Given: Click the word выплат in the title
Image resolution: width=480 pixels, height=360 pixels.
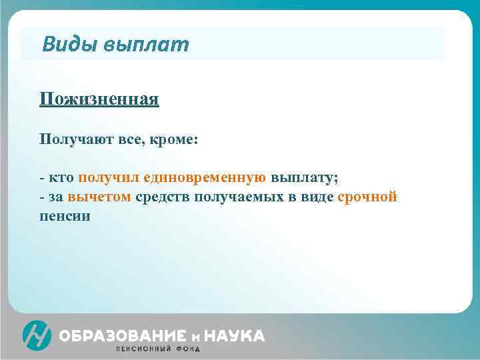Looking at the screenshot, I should [x=146, y=45].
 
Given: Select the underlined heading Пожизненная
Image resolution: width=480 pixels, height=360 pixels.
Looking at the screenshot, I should [x=99, y=100].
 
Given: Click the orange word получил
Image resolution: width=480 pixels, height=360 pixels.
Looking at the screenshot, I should [x=106, y=179].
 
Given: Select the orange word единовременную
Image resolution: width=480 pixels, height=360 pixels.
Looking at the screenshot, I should [x=202, y=179].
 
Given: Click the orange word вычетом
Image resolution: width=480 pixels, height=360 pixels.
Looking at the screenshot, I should [x=99, y=197].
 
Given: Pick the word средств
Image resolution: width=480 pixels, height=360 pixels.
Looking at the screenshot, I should [x=161, y=197].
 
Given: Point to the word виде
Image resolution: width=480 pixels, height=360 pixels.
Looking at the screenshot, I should [x=317, y=197].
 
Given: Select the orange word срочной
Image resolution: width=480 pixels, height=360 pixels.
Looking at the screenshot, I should [x=367, y=197].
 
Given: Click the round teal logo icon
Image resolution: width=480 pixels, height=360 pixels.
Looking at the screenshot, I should [x=37, y=335].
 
